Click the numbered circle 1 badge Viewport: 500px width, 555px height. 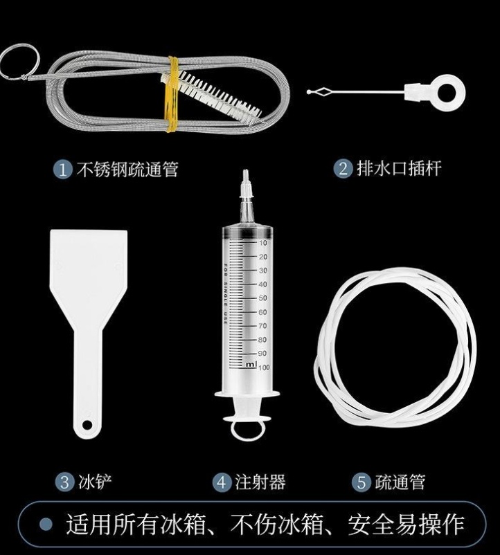coord(63,170)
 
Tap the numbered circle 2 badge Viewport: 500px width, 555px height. coord(343,169)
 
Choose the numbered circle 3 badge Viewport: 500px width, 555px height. coord(64,482)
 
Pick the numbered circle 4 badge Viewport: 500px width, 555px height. coord(222,482)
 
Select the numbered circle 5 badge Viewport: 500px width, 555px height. coord(361,482)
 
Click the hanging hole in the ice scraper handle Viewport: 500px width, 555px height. coord(87,424)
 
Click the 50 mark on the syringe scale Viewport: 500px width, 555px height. coord(262,298)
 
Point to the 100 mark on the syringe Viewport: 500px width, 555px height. coord(264,367)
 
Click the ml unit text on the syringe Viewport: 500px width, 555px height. coord(251,364)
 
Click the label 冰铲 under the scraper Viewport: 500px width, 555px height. coord(95,482)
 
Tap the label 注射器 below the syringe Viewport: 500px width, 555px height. coord(260,482)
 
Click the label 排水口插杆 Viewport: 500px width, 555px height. coord(399,168)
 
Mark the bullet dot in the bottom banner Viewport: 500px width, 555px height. coord(46,524)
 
